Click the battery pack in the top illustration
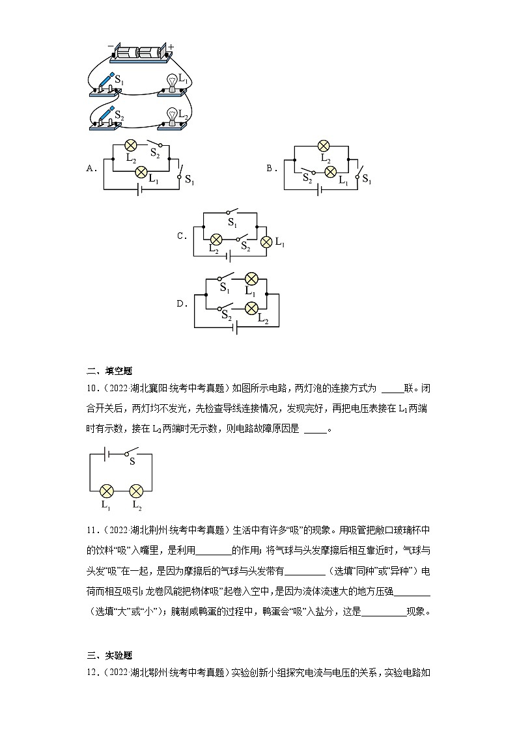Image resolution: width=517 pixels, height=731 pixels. tap(138, 53)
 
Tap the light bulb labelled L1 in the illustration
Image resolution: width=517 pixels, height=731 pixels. tap(173, 83)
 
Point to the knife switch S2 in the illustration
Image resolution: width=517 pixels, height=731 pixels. tap(106, 115)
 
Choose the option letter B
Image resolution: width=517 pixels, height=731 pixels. tap(272, 169)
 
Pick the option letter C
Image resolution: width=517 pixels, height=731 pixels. tap(182, 236)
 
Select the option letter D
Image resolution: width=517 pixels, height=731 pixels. tap(182, 303)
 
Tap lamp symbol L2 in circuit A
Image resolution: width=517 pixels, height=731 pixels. tap(130, 145)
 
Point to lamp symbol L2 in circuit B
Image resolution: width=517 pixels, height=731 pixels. tap(322, 145)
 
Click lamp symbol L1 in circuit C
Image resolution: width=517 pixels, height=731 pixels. tap(266, 242)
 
